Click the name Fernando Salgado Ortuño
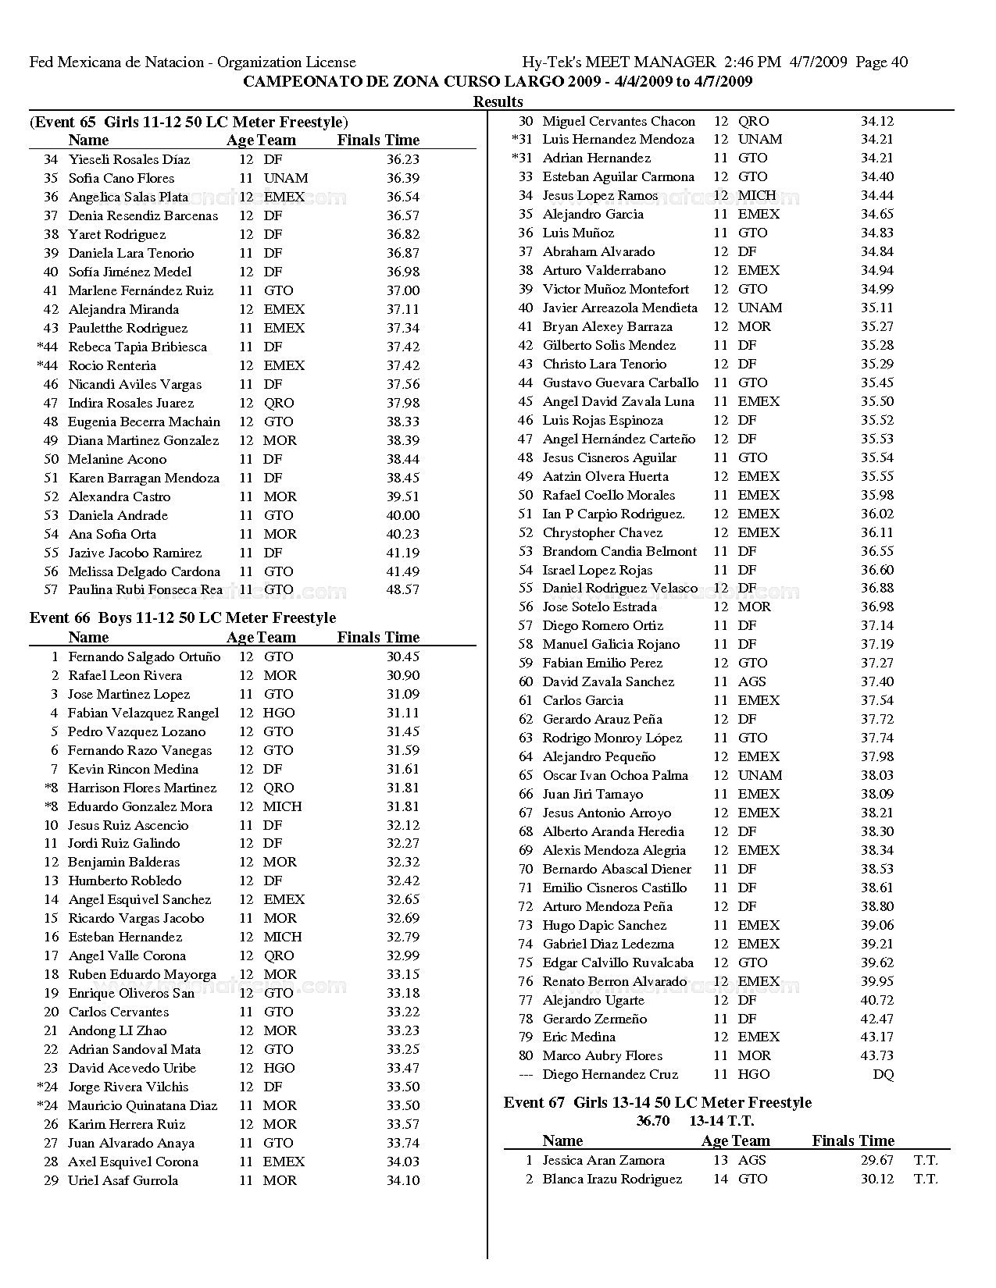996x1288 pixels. (x=144, y=657)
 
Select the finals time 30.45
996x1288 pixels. (x=403, y=657)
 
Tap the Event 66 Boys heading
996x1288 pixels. (x=183, y=618)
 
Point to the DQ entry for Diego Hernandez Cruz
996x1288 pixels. (x=883, y=1075)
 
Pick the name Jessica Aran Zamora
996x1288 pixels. (x=603, y=1161)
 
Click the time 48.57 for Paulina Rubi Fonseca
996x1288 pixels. (x=403, y=590)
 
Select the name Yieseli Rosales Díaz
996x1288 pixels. (x=129, y=159)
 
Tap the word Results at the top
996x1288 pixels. (x=498, y=101)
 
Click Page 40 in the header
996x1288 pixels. (x=882, y=62)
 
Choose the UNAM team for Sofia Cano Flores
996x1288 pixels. (x=286, y=178)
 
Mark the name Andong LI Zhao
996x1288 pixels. (x=117, y=1031)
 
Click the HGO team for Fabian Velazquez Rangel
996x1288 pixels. (x=279, y=713)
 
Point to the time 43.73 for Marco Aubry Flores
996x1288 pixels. (x=877, y=1056)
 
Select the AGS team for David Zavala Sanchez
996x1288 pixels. (x=751, y=682)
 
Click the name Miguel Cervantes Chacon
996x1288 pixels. (x=619, y=122)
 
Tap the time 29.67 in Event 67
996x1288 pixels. (x=877, y=1161)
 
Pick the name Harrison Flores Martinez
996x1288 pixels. (x=142, y=788)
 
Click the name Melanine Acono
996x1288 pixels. (x=117, y=460)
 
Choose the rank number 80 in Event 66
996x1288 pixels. (x=526, y=1056)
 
